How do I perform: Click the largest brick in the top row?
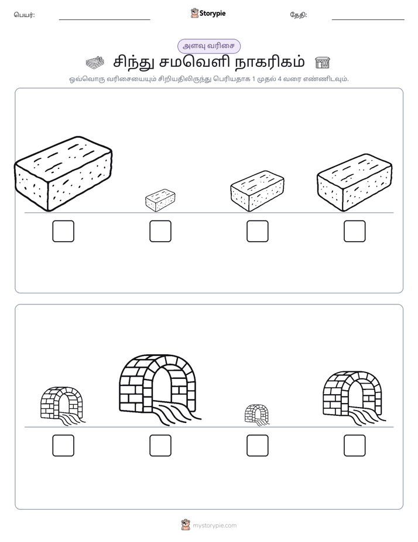(63, 174)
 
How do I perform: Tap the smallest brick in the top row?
(160, 200)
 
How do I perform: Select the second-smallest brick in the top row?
(257, 191)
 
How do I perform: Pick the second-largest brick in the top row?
(355, 182)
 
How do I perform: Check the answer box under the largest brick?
(63, 231)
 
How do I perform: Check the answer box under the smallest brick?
(160, 231)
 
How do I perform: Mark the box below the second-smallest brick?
(258, 231)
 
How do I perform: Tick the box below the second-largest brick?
(355, 231)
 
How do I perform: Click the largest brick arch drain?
(159, 389)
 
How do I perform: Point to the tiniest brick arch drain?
(257, 415)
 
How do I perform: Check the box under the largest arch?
(160, 446)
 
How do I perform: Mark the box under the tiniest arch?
(258, 446)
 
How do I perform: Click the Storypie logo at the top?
(208, 13)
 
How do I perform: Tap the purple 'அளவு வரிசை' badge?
(208, 46)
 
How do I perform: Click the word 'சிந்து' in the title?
(135, 63)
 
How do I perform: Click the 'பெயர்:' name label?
(24, 15)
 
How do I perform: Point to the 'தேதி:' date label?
(299, 15)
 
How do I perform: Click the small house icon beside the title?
(323, 63)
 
